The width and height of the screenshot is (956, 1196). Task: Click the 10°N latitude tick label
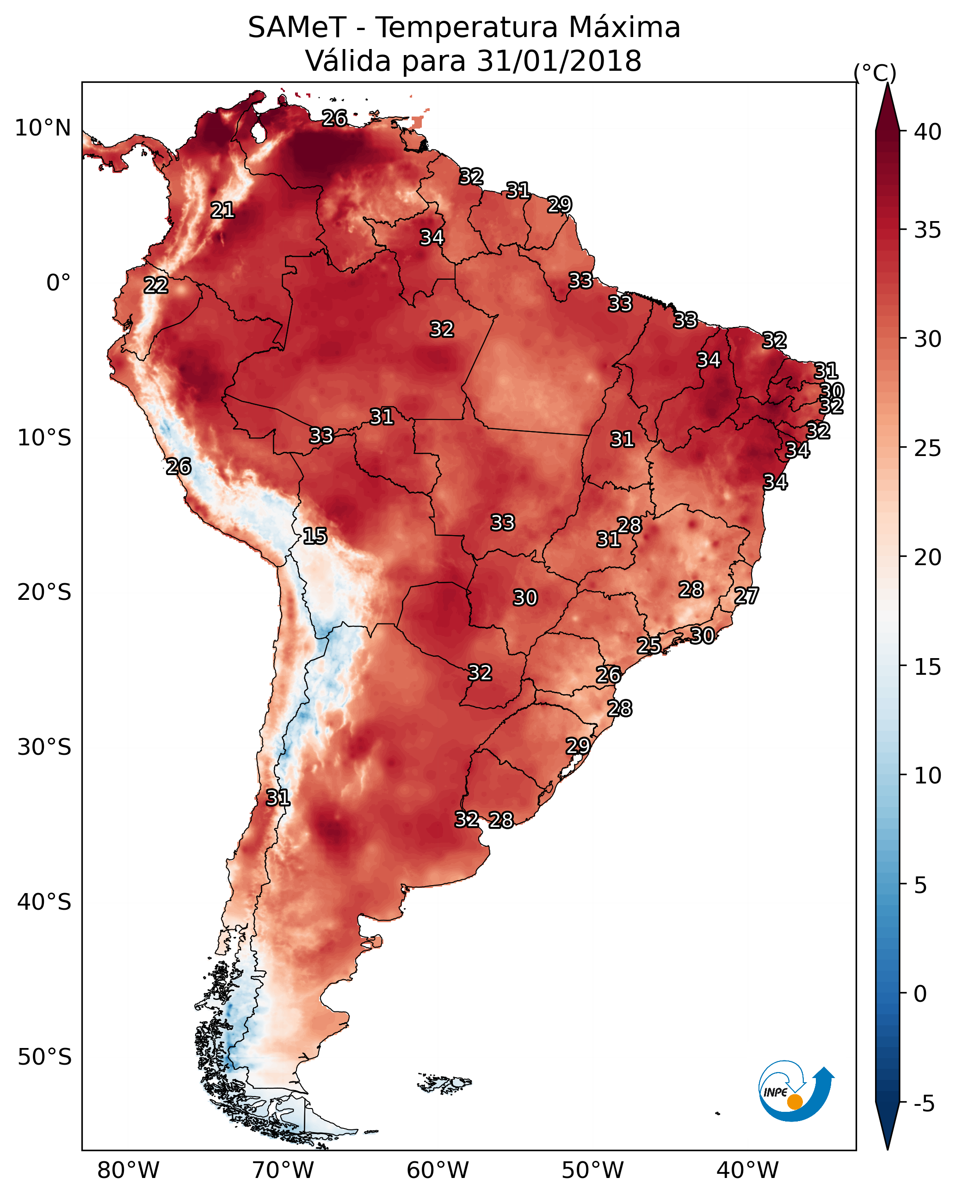tap(43, 128)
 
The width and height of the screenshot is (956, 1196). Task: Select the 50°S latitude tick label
tap(44, 1057)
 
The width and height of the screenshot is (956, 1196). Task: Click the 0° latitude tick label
tap(59, 283)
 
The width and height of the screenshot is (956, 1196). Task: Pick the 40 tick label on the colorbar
tap(928, 132)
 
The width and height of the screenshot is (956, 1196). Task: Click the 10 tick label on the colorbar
tap(928, 775)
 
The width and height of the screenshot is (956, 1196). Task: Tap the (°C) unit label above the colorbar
tap(875, 73)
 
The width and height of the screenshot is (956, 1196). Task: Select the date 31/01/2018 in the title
tap(559, 61)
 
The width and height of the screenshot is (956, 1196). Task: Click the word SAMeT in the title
tap(297, 28)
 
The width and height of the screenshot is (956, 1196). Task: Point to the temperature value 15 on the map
tap(315, 536)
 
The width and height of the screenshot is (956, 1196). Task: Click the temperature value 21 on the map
tap(222, 210)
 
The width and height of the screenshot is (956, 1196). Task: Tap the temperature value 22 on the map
tap(156, 285)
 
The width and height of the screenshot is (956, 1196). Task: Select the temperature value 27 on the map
tap(746, 596)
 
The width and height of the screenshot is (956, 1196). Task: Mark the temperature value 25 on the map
tap(648, 645)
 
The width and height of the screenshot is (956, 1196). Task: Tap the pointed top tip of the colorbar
tap(887, 83)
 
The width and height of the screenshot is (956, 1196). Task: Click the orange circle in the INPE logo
tap(795, 1102)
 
